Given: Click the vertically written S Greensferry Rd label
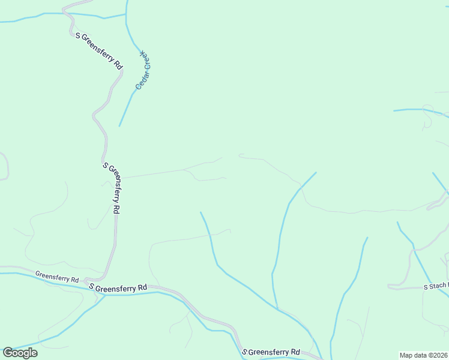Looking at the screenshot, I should coord(112,188).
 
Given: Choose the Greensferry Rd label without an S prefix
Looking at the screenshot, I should coord(57,277).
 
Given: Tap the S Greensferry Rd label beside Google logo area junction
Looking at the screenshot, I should coord(118,288).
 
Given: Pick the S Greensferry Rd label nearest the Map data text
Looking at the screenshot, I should coord(271,352).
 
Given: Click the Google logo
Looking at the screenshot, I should coord(20,353).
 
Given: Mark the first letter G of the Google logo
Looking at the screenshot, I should coord(8,352).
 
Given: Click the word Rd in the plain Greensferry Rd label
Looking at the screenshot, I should coord(75,280).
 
